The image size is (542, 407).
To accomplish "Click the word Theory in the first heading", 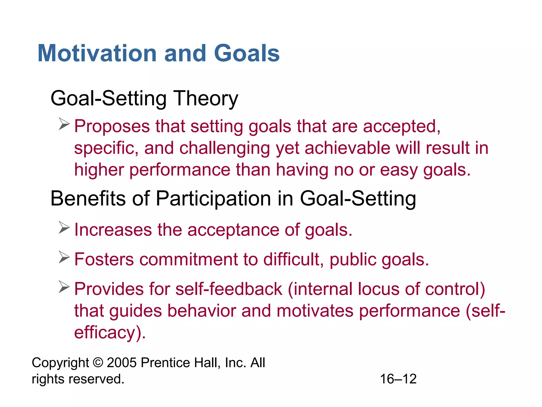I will [206, 99].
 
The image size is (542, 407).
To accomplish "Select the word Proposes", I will [112, 126].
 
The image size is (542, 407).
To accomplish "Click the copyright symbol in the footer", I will [98, 362].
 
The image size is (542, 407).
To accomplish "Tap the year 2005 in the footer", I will [122, 362].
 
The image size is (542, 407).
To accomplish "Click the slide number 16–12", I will [398, 379].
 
